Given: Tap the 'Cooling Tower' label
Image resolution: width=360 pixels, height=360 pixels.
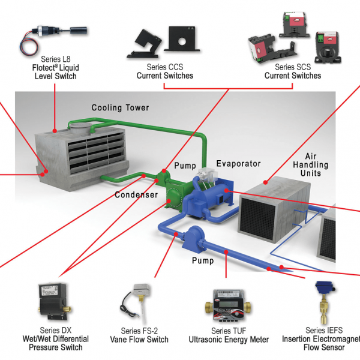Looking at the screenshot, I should tap(120, 108).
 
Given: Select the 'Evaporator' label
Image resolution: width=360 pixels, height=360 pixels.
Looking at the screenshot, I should tap(238, 164).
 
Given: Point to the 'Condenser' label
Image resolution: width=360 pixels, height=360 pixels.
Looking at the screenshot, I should tap(136, 195).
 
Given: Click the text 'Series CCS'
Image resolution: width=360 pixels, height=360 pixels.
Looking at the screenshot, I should tap(164, 67).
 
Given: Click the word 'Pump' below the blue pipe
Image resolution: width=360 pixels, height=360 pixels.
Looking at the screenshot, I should tap(202, 261).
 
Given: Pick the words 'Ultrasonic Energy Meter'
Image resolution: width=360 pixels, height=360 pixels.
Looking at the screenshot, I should tap(229, 340).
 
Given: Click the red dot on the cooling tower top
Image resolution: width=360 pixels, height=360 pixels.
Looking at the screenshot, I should tap(55, 130).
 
